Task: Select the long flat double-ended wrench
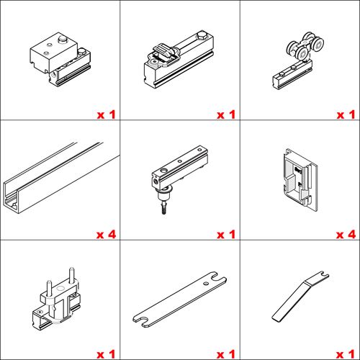(x=179, y=300)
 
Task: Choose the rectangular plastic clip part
(x=301, y=180)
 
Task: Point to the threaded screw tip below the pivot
(x=164, y=208)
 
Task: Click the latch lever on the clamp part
(x=163, y=52)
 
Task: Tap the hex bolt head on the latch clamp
(x=201, y=35)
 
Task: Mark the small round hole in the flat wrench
(x=206, y=284)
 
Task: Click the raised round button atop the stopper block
(x=63, y=40)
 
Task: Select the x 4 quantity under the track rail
(x=106, y=235)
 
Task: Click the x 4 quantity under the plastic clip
(x=346, y=235)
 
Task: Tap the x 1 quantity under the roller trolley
(x=346, y=114)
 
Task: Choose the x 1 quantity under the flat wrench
(x=226, y=354)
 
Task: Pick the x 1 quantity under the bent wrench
(x=346, y=354)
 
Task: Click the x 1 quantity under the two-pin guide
(x=106, y=354)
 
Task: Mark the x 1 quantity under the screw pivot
(x=226, y=235)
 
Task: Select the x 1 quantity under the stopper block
(x=106, y=114)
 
